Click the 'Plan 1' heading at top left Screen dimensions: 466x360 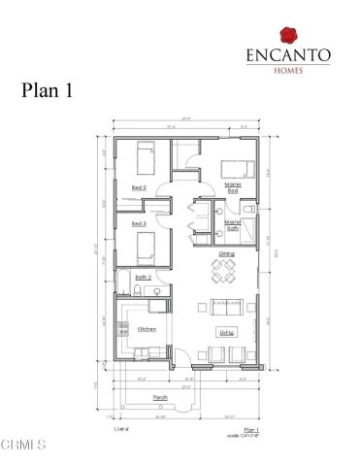click(49, 90)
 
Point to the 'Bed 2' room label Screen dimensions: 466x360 click(139, 187)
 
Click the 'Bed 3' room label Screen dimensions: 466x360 click(139, 224)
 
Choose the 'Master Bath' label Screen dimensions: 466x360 click(233, 224)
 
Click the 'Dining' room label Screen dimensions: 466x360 click(226, 254)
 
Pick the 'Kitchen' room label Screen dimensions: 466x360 click(147, 330)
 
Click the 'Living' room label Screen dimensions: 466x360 click(225, 333)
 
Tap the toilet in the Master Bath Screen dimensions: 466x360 click(249, 209)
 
